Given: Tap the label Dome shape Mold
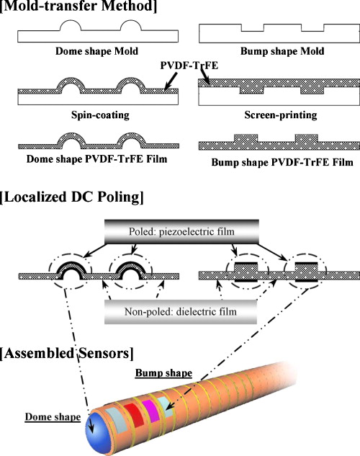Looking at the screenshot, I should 91,51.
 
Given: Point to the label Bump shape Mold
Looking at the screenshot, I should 276,52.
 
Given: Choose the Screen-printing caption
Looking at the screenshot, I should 276,115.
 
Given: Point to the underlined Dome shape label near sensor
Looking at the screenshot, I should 51,416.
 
